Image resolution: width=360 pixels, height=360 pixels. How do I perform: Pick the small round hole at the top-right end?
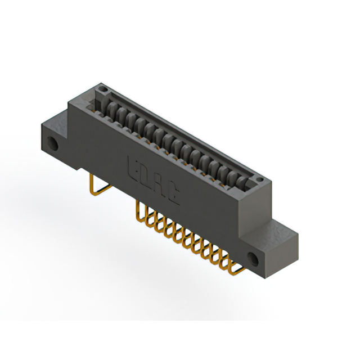click(259, 179)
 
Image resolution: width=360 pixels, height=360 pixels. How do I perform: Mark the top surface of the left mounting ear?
click(56, 119)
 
